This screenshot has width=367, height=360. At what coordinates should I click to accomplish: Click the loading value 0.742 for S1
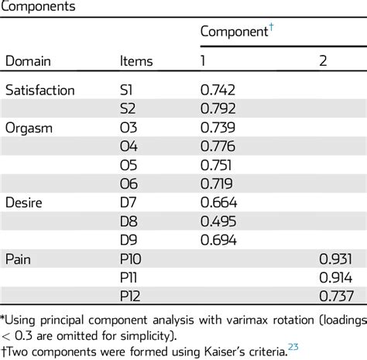coord(217,91)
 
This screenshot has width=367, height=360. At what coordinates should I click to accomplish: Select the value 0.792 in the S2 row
coord(217,108)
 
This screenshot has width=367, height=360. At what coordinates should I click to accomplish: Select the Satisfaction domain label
coord(39,91)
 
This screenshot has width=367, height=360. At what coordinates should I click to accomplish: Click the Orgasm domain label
coord(28,128)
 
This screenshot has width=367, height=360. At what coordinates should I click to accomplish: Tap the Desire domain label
coord(25,202)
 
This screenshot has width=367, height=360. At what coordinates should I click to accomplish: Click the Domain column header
coord(28,61)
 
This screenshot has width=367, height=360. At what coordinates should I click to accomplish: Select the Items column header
coord(136,61)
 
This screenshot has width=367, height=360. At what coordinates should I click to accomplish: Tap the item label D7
coord(130,202)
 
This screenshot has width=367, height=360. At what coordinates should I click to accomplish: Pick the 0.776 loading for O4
coord(217,146)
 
